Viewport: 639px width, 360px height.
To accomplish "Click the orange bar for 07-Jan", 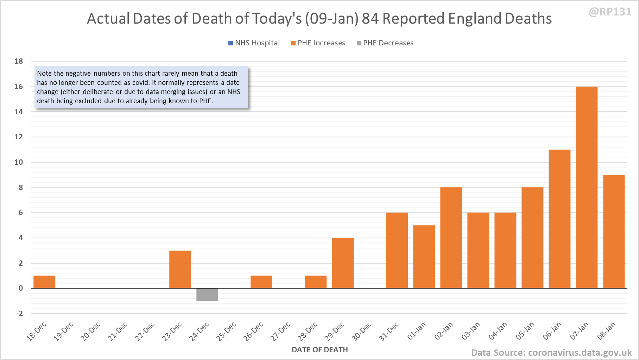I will pos(587,187).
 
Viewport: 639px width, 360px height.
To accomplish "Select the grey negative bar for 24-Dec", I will pos(207,295).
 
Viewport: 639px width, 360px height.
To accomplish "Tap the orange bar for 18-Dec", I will pos(44,282).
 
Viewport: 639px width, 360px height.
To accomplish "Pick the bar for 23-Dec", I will pos(180,269).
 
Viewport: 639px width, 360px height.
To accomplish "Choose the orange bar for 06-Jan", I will pos(559,219).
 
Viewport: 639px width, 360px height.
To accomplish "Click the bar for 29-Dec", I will pos(343,263).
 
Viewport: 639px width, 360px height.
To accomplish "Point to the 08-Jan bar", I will pos(614,232).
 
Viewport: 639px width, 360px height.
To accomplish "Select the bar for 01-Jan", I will pos(424,257).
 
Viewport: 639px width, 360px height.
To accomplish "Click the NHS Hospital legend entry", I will pos(254,43).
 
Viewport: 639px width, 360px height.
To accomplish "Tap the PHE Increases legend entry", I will pos(318,43).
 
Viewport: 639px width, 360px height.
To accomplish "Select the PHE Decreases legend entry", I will pos(385,43).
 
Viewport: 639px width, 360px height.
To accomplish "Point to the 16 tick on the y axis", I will pos(19,87).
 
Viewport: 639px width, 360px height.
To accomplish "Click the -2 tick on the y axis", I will pos(19,314).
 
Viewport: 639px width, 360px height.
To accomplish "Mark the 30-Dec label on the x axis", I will pos(362,331).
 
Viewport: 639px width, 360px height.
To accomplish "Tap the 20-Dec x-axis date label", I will pos(91,331).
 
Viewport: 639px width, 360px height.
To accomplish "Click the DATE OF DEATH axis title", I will pos(320,350).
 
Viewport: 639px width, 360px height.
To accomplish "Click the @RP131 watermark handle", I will pos(610,12).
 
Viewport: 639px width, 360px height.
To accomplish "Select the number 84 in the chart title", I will pos(370,19).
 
